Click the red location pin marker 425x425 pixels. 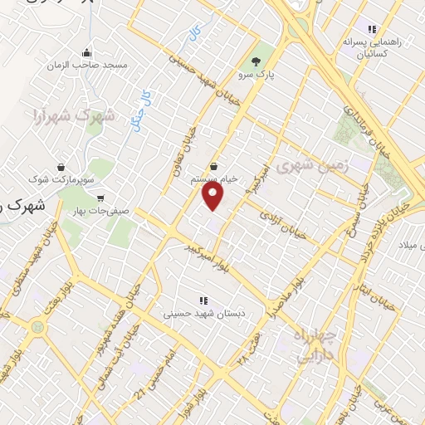213,196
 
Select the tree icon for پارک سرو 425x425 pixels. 256,61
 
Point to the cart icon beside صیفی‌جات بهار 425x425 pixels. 101,198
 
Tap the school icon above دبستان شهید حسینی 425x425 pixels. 202,300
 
